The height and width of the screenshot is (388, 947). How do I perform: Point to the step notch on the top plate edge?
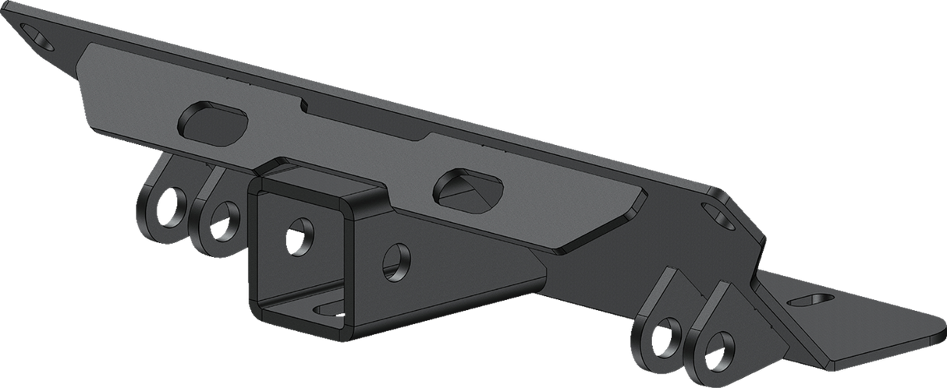pos(306,103)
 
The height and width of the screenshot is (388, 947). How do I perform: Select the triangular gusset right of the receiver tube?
pos(468,280)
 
